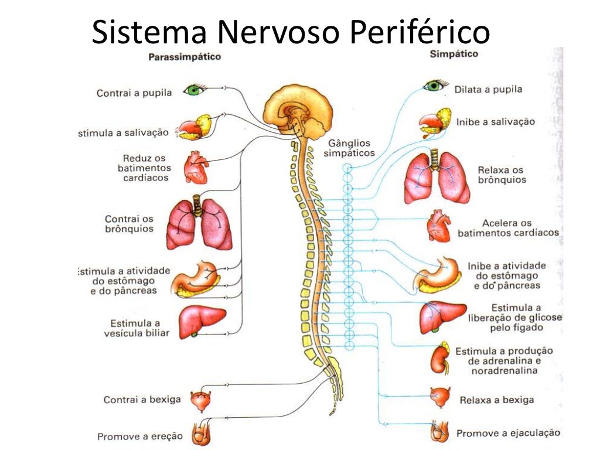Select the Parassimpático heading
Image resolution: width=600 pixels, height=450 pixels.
185,57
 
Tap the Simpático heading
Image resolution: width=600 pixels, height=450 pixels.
454,53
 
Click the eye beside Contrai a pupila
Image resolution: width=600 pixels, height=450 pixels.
195,90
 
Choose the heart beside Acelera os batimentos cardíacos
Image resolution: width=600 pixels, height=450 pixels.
439,226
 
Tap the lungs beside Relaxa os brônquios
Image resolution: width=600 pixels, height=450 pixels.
437,176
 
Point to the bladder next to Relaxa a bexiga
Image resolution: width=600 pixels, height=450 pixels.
439,397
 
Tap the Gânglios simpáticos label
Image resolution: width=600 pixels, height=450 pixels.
349,148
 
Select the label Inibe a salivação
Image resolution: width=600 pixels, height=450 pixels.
496,122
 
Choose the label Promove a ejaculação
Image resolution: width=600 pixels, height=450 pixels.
508,433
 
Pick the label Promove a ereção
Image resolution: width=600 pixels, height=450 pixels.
140,437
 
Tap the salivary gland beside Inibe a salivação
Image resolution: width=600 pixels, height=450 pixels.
435,122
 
